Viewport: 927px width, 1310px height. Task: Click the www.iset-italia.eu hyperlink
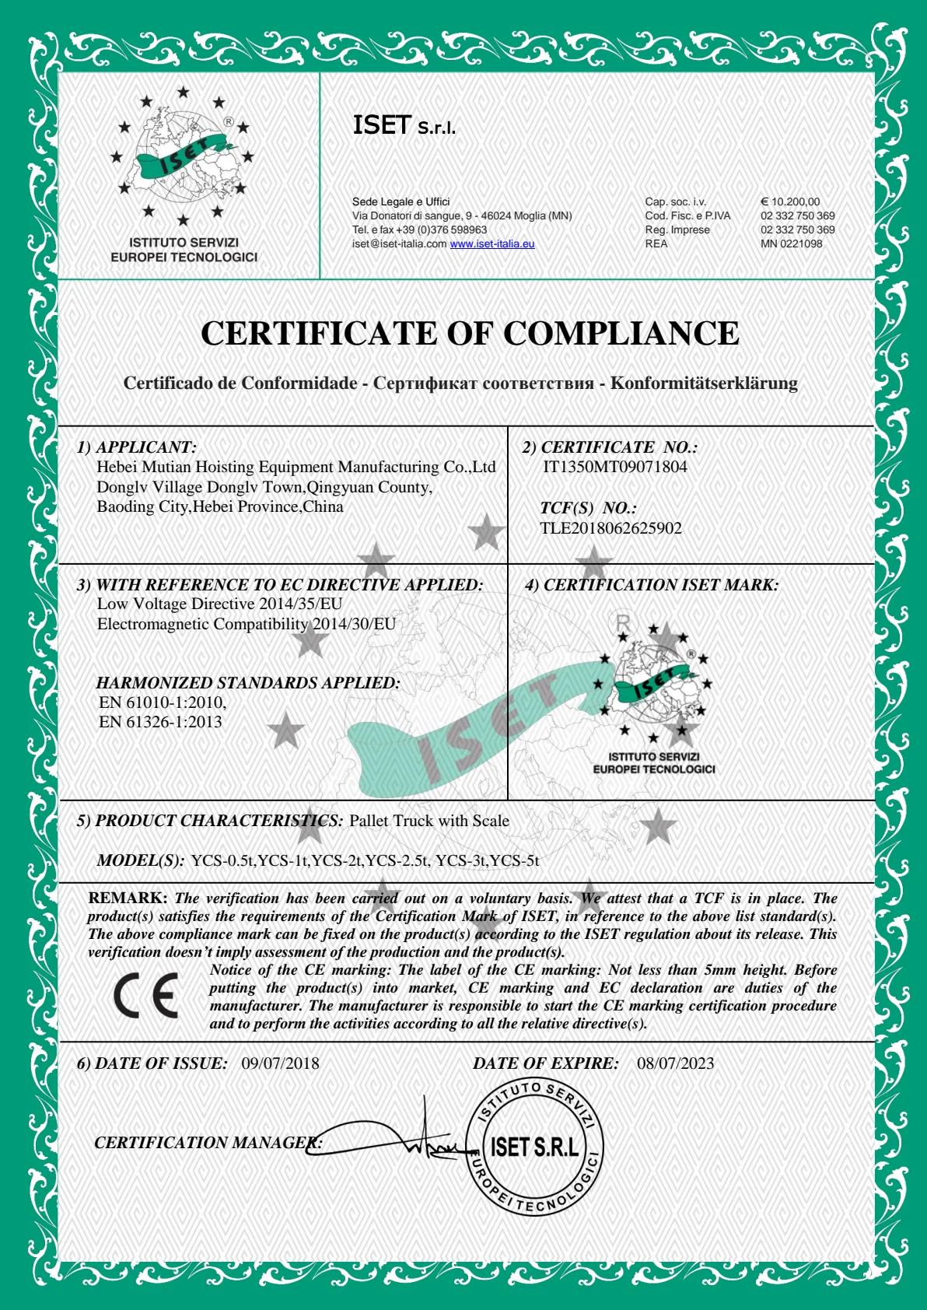click(x=492, y=243)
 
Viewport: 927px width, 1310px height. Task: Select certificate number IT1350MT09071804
click(x=614, y=467)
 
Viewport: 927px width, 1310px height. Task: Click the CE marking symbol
click(x=145, y=995)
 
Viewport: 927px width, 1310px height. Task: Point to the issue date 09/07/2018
click(x=280, y=1063)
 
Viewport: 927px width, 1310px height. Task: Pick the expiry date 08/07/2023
click(x=675, y=1063)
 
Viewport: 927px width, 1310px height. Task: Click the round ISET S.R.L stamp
click(x=534, y=1146)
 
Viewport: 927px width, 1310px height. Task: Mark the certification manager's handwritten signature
click(x=389, y=1137)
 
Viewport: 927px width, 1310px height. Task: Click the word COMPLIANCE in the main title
click(x=621, y=334)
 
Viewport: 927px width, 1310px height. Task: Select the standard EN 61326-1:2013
click(x=160, y=722)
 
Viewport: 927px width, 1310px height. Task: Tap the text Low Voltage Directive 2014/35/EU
click(x=219, y=604)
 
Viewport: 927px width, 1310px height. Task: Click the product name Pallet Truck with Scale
click(x=429, y=821)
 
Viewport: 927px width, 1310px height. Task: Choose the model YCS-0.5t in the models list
click(x=222, y=860)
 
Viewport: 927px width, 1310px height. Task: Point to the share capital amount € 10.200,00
click(x=790, y=201)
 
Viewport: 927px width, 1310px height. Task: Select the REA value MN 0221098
click(x=791, y=243)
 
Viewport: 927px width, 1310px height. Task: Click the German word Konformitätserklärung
click(x=704, y=383)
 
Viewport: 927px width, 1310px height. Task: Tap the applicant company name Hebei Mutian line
click(x=296, y=467)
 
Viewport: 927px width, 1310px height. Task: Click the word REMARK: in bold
click(x=128, y=898)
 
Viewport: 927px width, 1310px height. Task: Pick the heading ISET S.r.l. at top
click(x=404, y=125)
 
